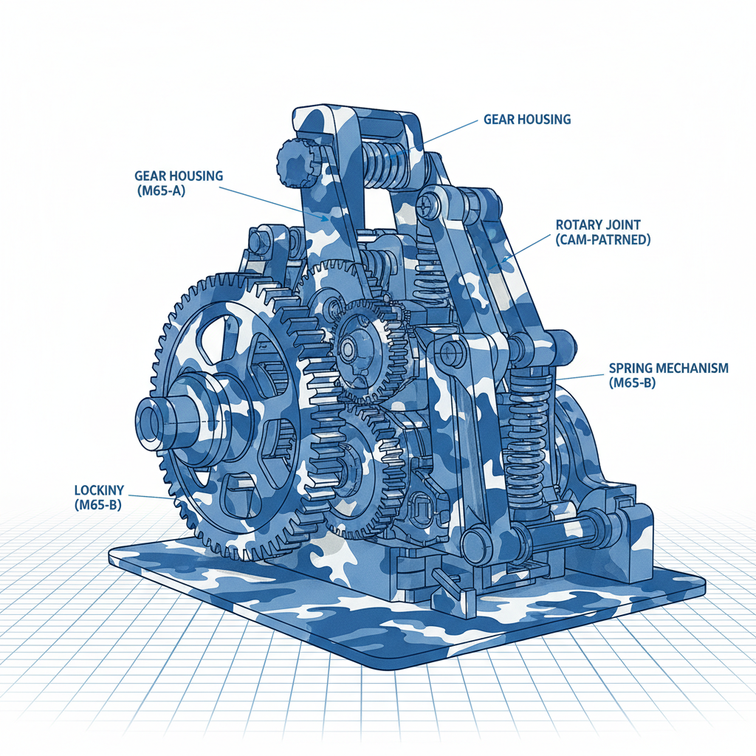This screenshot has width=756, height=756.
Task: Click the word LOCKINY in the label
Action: point(99,490)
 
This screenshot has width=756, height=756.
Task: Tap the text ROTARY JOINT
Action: point(598,224)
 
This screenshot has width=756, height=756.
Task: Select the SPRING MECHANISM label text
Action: point(668,368)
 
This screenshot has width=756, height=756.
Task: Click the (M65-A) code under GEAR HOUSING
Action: point(160,191)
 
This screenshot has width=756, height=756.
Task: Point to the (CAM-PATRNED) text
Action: point(602,240)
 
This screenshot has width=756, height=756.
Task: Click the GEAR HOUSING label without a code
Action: point(527,119)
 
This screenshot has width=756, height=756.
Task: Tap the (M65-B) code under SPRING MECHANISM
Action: point(632,383)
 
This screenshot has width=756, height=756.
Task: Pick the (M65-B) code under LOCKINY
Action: point(98,505)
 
